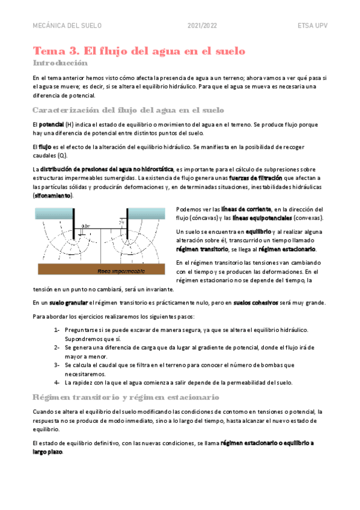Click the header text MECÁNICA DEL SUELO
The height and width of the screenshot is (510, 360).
pyautogui.click(x=67, y=26)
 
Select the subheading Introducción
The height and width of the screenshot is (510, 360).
pyautogui.click(x=60, y=63)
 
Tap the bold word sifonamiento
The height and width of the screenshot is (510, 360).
pyautogui.click(x=52, y=195)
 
